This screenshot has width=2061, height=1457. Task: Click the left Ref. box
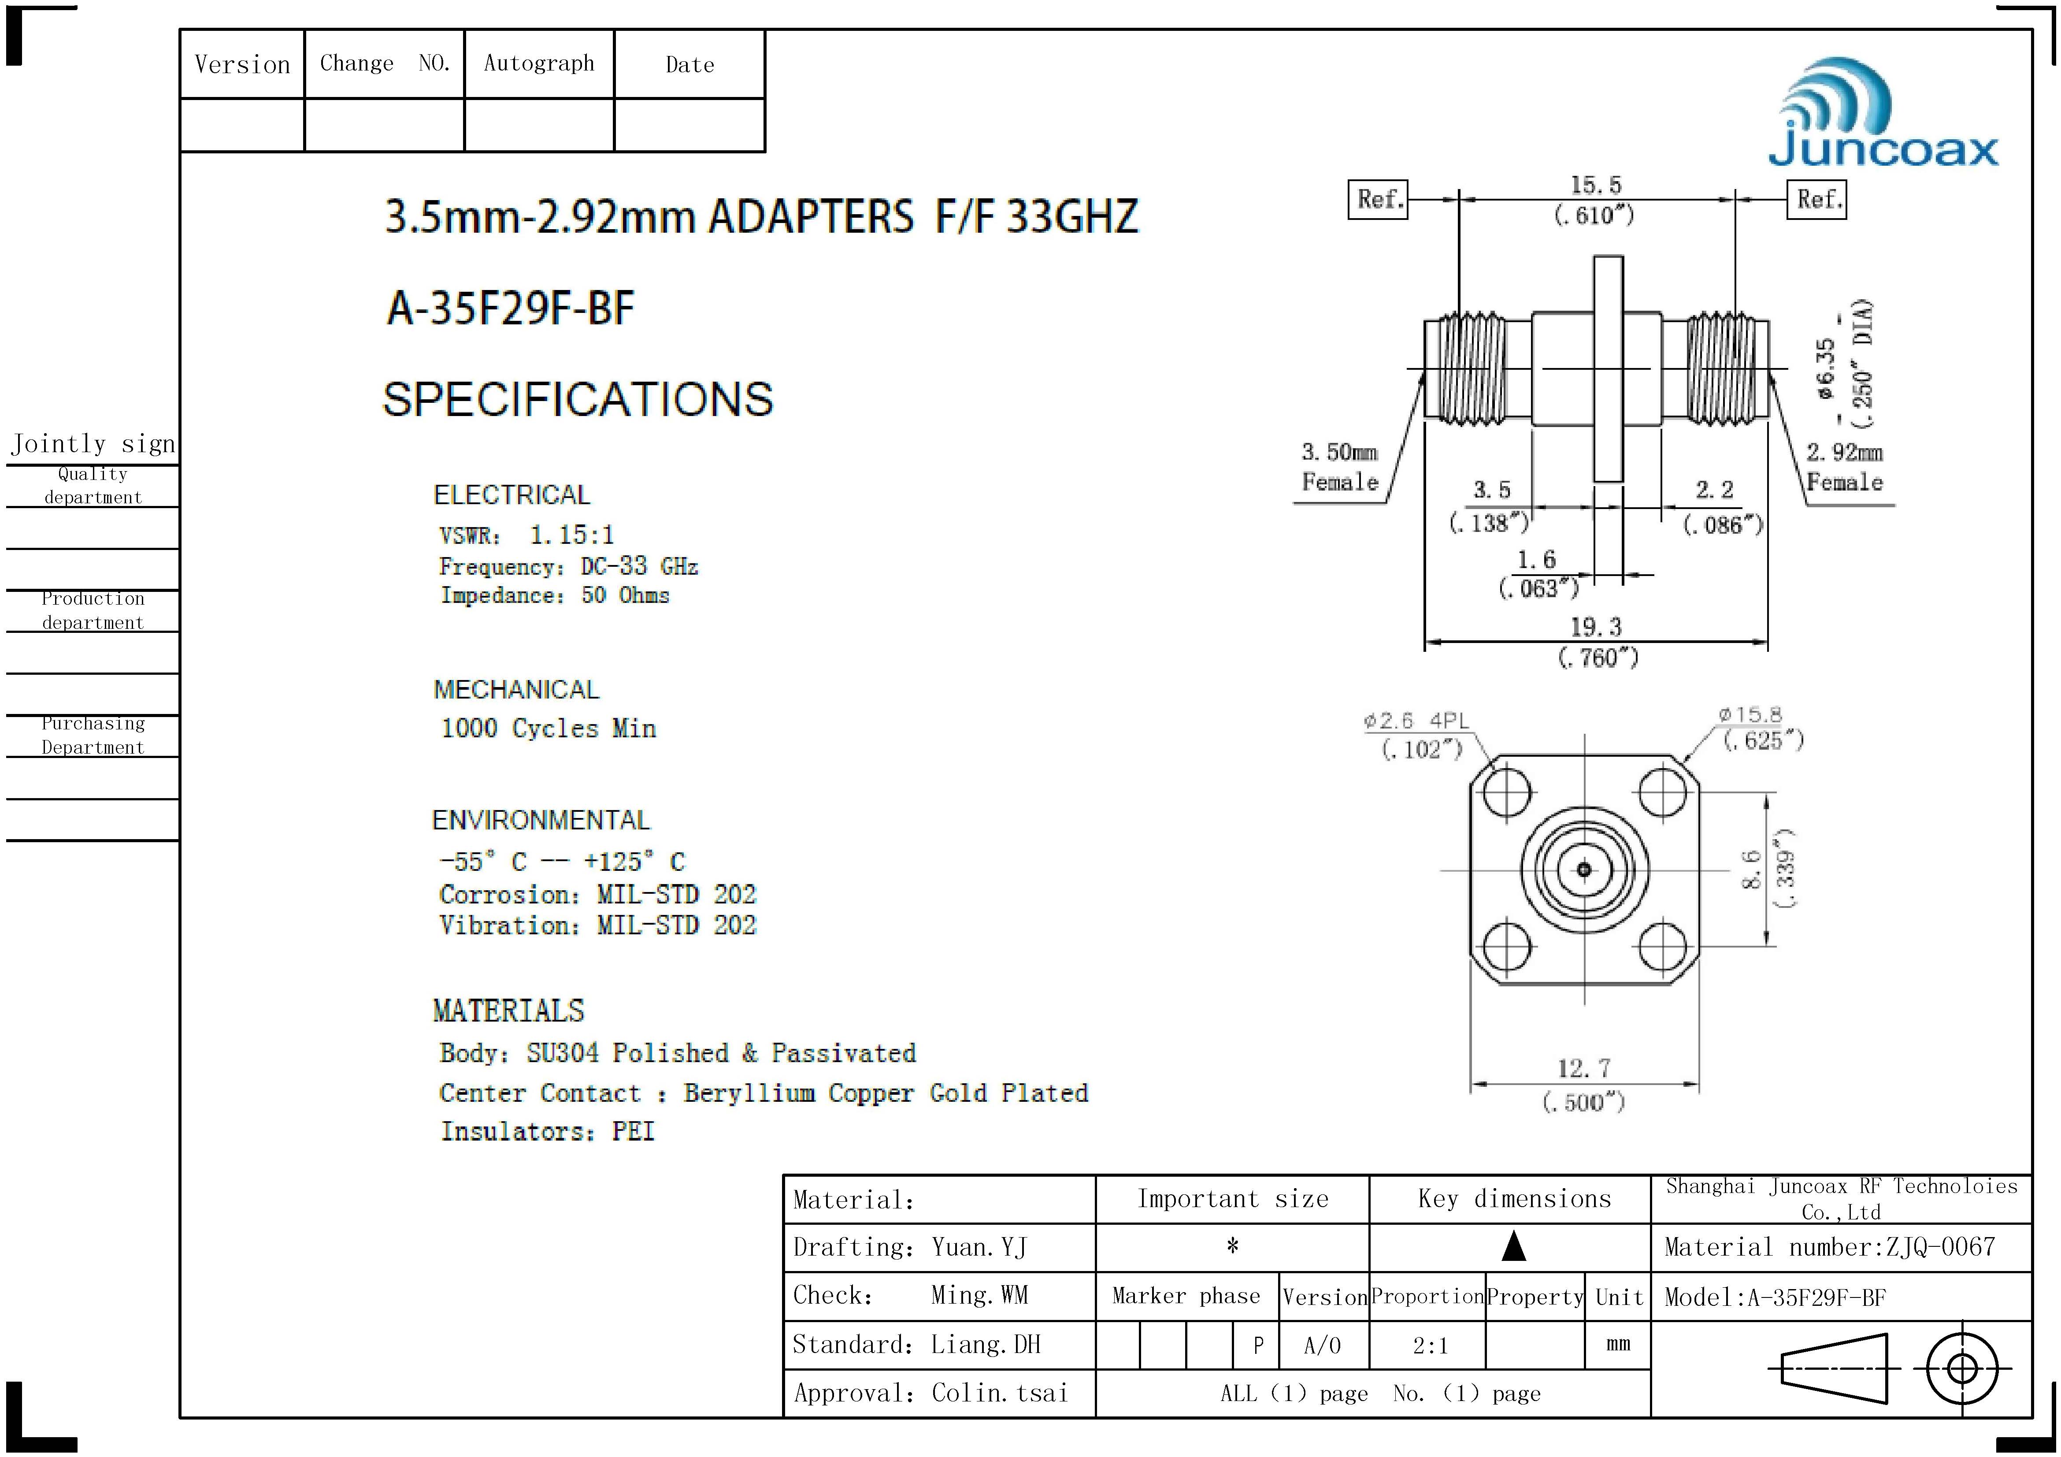point(1378,199)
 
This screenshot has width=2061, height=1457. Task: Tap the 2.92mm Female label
point(1845,467)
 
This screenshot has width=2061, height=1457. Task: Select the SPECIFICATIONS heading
point(578,399)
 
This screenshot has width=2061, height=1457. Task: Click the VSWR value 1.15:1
point(572,536)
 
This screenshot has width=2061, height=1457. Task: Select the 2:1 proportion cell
point(1430,1345)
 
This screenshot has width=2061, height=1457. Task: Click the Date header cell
point(689,65)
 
